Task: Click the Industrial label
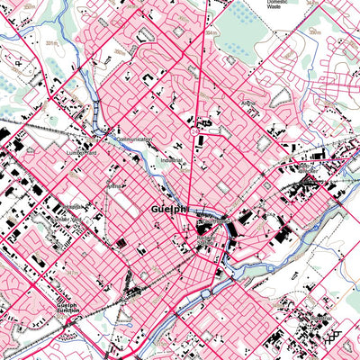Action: [170, 161]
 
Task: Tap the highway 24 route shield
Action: [193, 131]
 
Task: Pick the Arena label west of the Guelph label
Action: [114, 186]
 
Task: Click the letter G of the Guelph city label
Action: [147, 208]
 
